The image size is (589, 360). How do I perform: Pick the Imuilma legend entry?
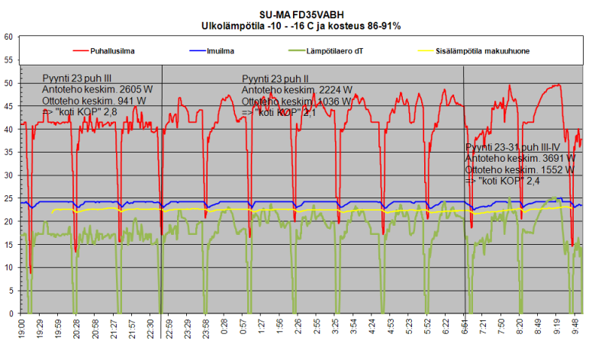[220, 51]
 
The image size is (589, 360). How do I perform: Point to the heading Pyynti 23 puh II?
[275, 79]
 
